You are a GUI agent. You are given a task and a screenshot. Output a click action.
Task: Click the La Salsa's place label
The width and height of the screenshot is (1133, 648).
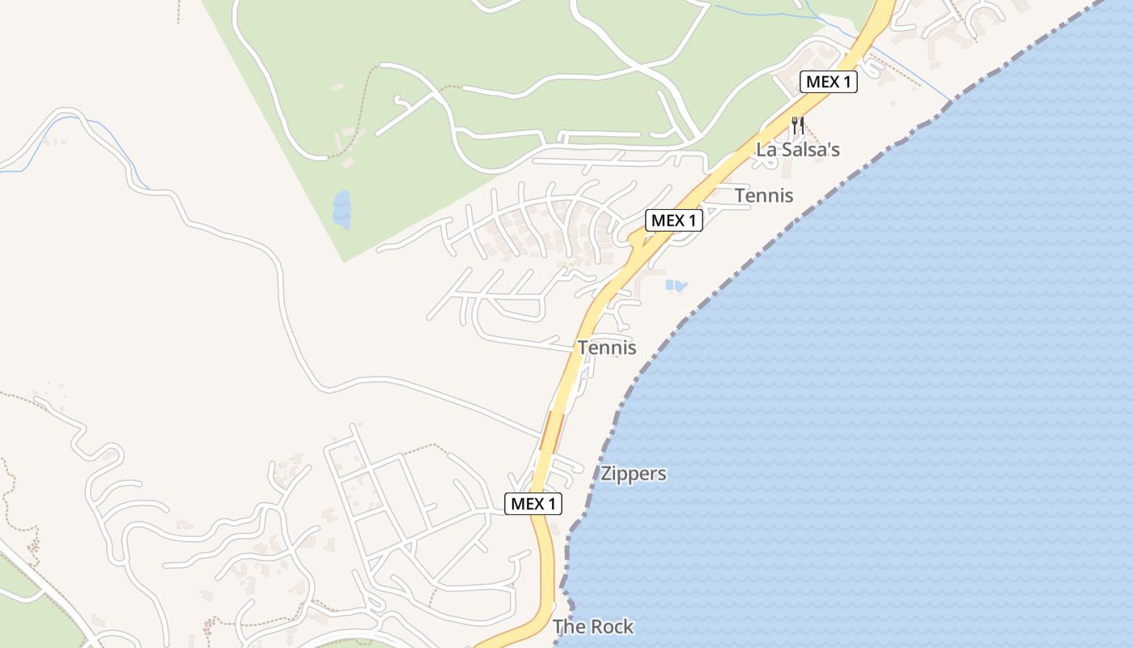(798, 150)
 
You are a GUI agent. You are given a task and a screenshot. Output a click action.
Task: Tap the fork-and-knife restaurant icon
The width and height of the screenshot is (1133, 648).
(798, 126)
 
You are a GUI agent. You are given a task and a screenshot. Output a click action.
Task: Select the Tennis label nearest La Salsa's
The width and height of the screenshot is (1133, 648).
(764, 195)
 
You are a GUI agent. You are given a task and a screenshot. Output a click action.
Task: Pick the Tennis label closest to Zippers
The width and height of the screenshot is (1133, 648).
(607, 348)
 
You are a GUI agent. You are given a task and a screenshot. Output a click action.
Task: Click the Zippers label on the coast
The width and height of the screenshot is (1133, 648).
(634, 474)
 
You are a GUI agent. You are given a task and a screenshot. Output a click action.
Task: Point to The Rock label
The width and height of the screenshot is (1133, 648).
(593, 627)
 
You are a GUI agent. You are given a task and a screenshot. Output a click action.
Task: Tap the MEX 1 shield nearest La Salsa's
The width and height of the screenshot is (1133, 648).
(829, 82)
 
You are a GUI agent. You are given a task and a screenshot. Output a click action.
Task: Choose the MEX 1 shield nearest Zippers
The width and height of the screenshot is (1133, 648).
(533, 504)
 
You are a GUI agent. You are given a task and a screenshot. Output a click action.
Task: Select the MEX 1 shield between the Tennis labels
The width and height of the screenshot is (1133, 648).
(673, 220)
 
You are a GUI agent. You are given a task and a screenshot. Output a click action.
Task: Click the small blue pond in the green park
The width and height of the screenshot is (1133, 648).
(342, 209)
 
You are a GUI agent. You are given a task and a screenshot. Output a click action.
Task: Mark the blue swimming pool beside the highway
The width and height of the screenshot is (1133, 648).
(676, 285)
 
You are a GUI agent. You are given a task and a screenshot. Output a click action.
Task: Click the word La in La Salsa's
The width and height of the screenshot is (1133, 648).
(766, 150)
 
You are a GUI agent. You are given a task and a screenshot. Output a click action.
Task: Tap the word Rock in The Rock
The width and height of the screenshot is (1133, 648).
(612, 627)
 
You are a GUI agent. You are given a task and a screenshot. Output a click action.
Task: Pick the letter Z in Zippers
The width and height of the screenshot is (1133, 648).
(606, 474)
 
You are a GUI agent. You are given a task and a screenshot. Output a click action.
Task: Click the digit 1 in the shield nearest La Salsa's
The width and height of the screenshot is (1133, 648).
(848, 82)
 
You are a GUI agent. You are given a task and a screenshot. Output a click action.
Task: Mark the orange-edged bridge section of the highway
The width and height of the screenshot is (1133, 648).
(552, 431)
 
